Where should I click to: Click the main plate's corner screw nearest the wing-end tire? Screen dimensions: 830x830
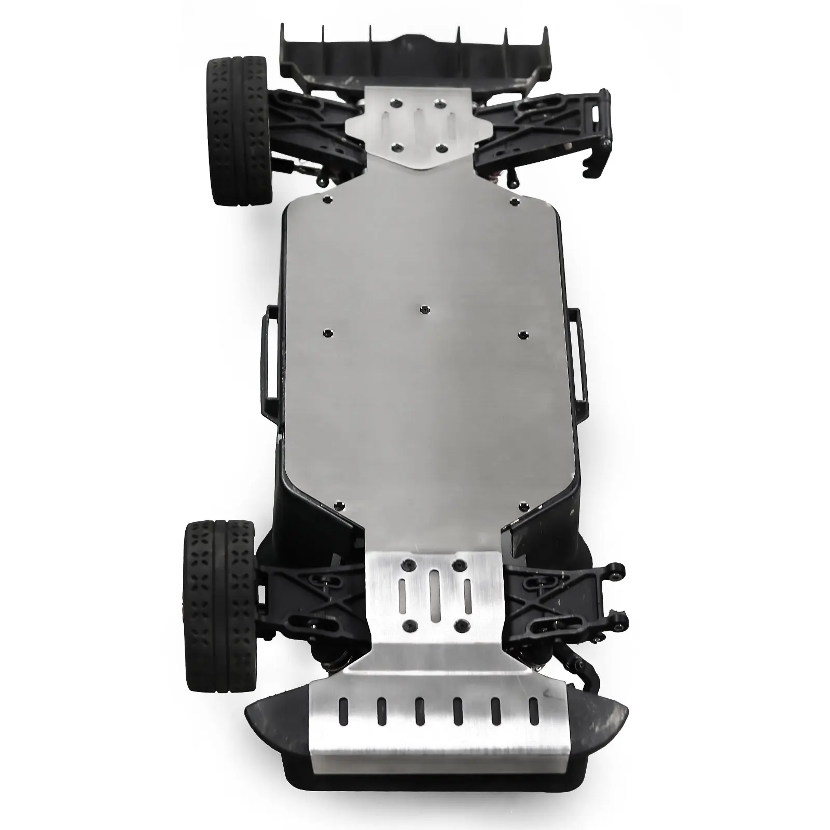(326, 199)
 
